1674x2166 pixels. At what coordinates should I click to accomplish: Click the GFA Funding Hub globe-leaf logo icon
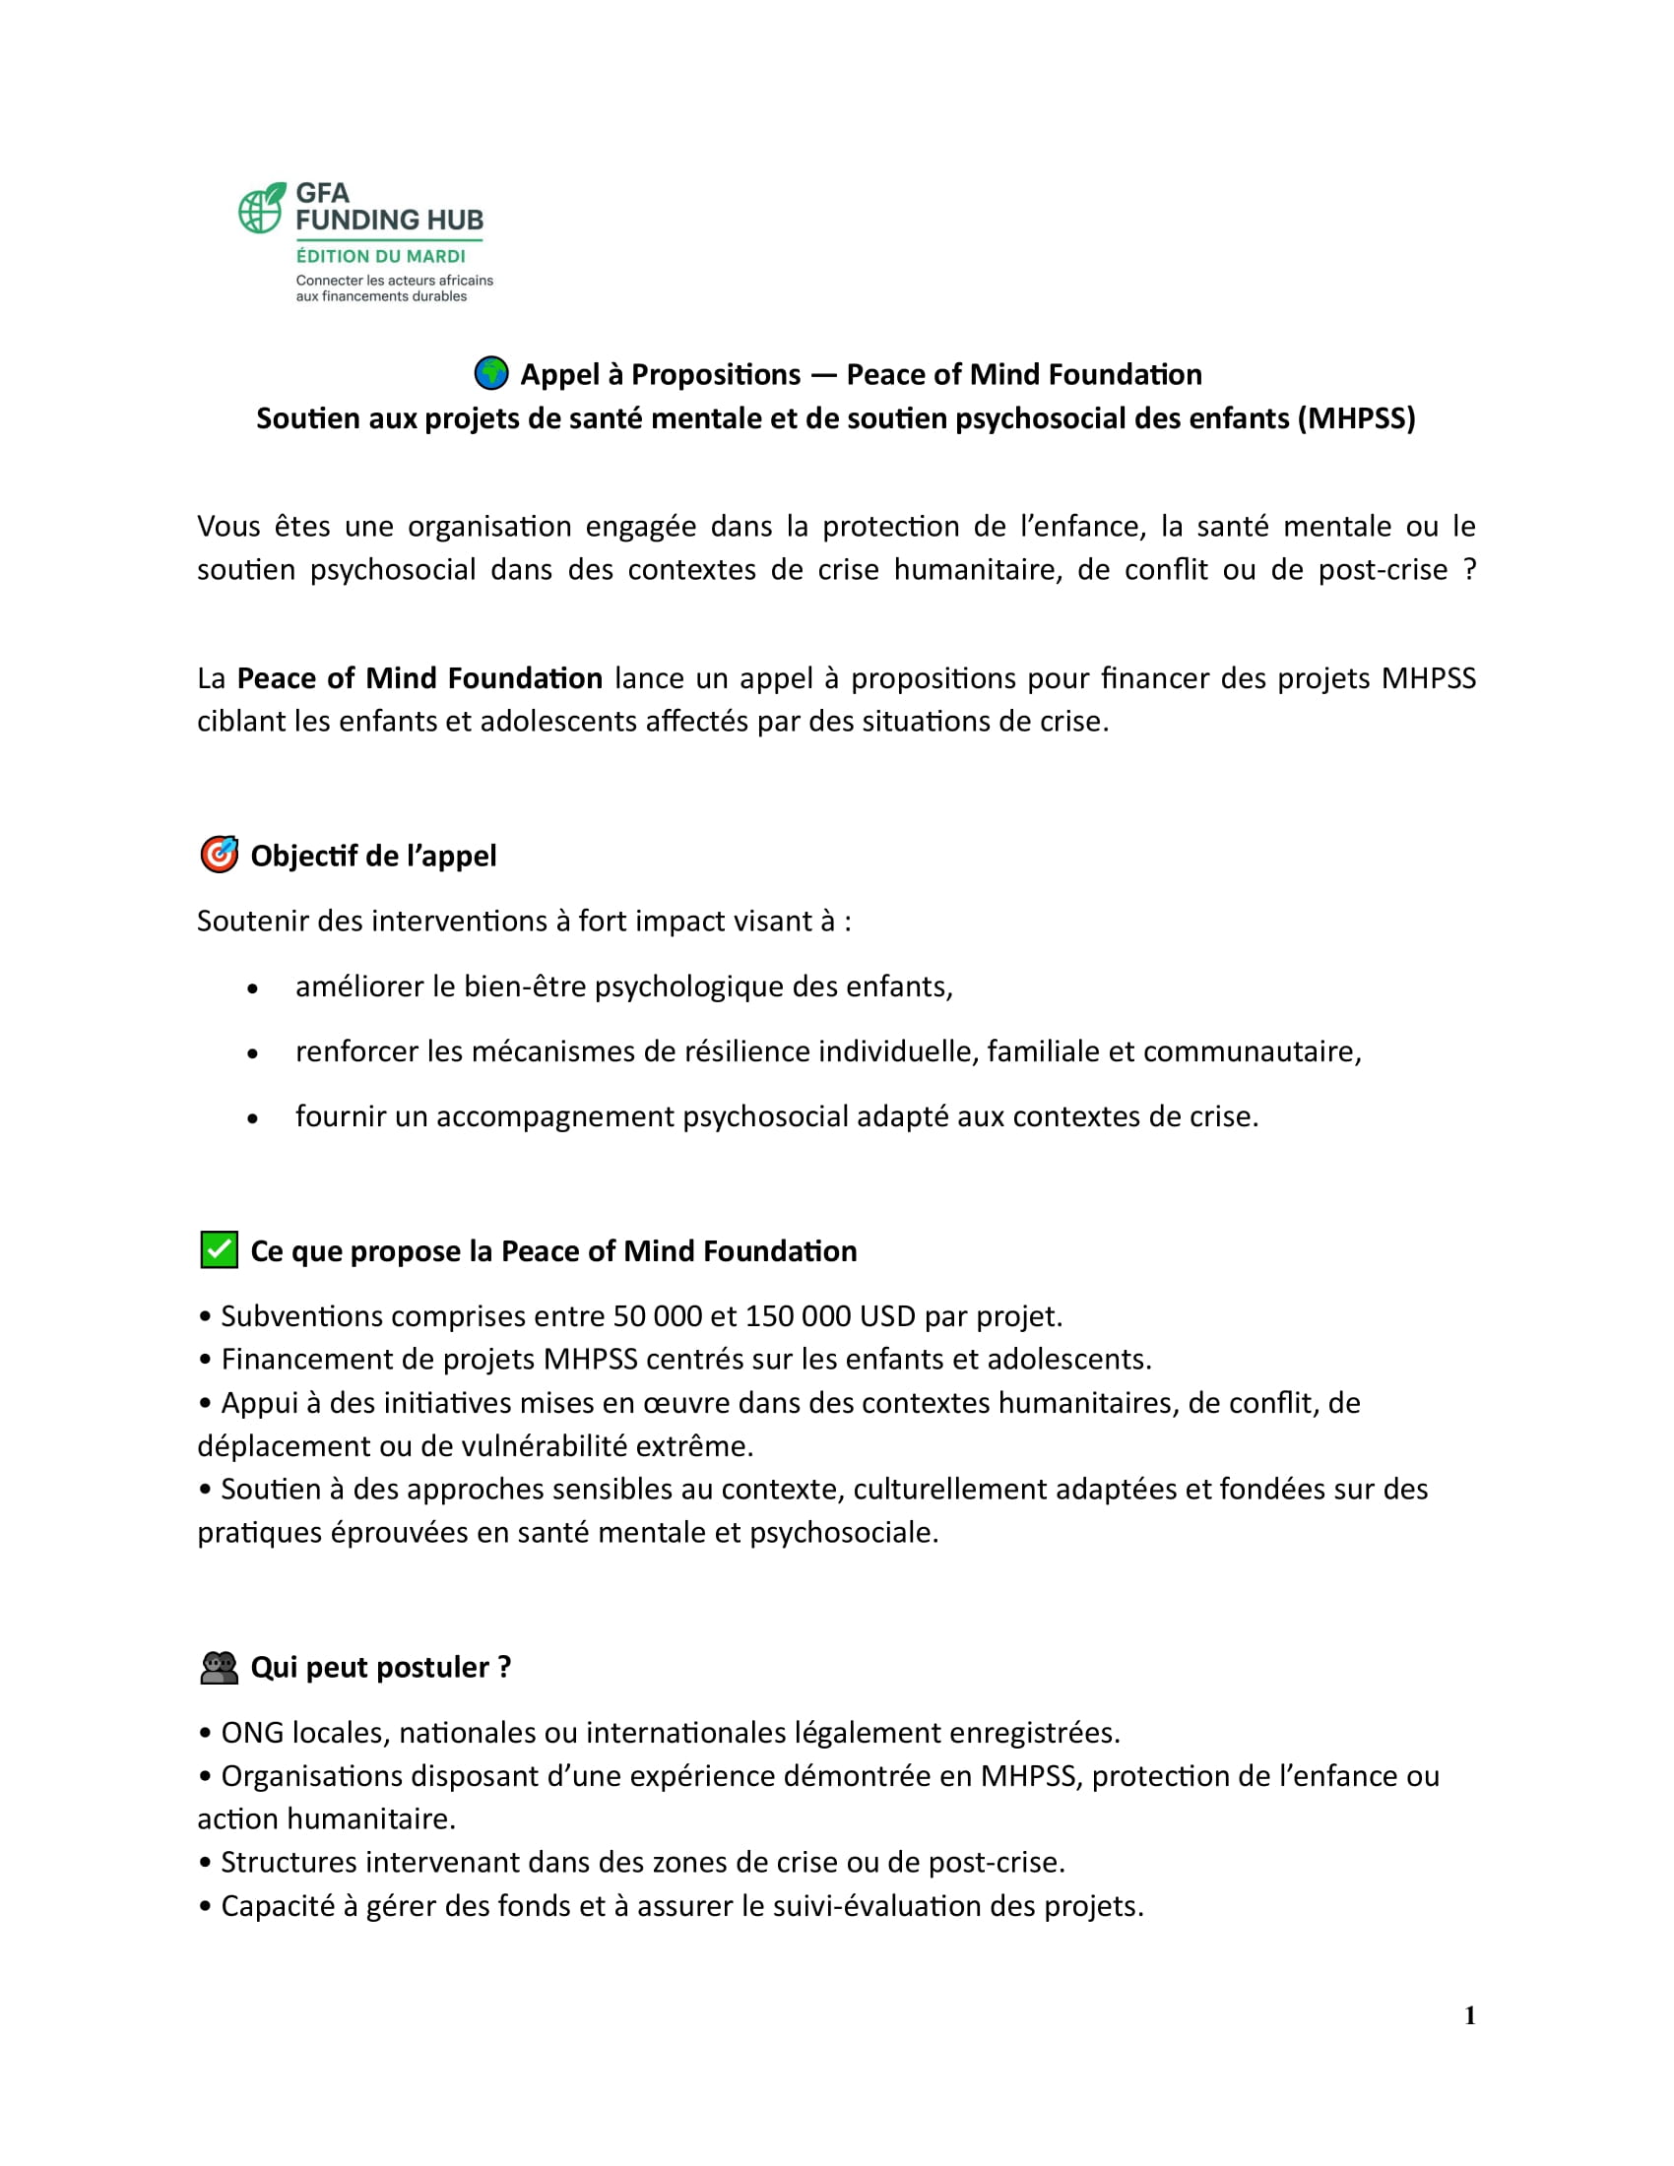coord(262,209)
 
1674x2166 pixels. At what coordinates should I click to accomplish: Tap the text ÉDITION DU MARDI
coord(381,256)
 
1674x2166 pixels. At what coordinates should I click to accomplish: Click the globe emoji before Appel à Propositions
coord(491,374)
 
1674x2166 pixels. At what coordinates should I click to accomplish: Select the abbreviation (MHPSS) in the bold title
coord(1356,418)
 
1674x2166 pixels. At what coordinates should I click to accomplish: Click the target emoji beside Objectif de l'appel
coord(220,854)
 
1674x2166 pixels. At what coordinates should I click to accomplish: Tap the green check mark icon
coord(220,1249)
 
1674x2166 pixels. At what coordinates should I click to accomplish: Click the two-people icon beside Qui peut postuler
coord(220,1667)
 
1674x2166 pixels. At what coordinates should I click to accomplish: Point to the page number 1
coord(1470,2015)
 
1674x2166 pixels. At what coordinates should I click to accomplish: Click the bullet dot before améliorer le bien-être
coord(253,988)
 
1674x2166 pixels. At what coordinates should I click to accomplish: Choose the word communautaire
coord(1252,1051)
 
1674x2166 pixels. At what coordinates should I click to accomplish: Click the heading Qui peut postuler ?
coord(381,1667)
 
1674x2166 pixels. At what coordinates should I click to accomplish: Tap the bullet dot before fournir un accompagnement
coord(253,1118)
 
